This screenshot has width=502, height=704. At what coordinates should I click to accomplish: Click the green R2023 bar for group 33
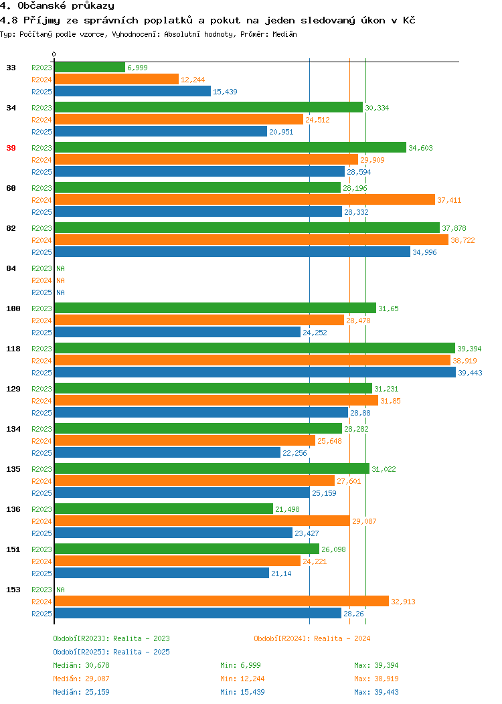(x=90, y=68)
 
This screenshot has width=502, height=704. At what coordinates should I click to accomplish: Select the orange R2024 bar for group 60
(x=245, y=200)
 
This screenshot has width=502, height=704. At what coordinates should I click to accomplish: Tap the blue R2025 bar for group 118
(x=255, y=373)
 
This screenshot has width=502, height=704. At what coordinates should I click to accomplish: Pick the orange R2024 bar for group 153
(x=222, y=601)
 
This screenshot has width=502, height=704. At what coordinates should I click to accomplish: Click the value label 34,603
(x=421, y=148)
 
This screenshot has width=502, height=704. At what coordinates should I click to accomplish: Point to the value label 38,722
(x=463, y=240)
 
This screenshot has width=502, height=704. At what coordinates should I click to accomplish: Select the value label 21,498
(x=287, y=509)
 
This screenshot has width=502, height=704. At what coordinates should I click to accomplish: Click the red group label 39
(x=11, y=148)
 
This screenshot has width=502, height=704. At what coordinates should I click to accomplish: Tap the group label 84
(x=11, y=268)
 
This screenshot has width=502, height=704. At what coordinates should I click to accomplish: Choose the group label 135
(x=13, y=468)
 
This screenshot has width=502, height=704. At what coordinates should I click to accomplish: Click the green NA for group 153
(x=61, y=590)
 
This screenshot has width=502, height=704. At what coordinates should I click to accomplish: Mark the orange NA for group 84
(x=61, y=280)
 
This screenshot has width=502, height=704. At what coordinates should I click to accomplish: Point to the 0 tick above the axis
(x=54, y=54)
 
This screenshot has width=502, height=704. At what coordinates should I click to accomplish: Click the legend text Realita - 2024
(x=342, y=638)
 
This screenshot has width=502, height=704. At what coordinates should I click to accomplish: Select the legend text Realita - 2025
(x=141, y=652)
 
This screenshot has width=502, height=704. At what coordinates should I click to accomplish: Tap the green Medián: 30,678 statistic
(x=81, y=665)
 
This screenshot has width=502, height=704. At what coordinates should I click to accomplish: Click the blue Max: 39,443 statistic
(x=376, y=692)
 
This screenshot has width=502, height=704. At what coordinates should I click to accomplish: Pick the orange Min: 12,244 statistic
(x=242, y=679)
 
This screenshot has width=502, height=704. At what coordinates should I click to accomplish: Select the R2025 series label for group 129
(x=41, y=413)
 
